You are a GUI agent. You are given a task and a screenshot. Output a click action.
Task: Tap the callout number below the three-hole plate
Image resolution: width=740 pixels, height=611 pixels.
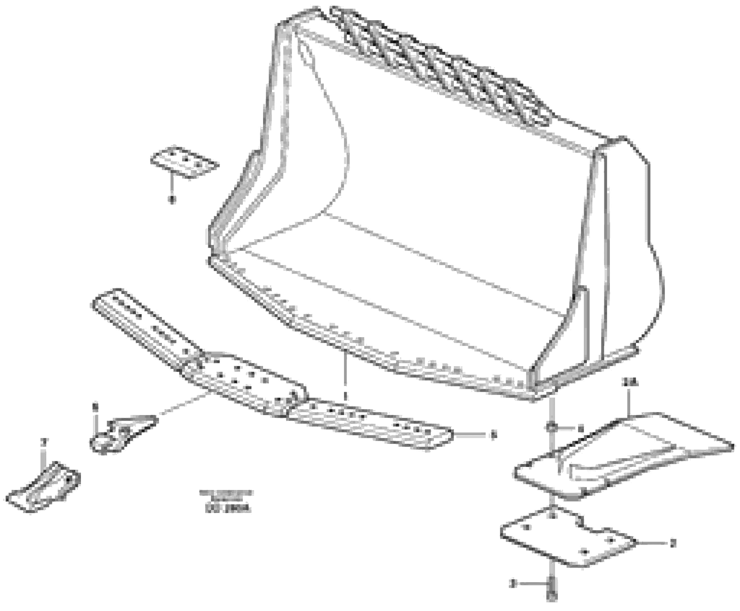[x=171, y=200]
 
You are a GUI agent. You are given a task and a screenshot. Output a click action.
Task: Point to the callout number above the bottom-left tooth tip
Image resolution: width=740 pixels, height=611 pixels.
[x=44, y=441]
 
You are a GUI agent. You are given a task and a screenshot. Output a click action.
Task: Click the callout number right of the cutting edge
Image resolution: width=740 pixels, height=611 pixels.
[x=494, y=436]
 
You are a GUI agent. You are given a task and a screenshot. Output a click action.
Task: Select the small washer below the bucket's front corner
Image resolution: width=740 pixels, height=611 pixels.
[x=552, y=428]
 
